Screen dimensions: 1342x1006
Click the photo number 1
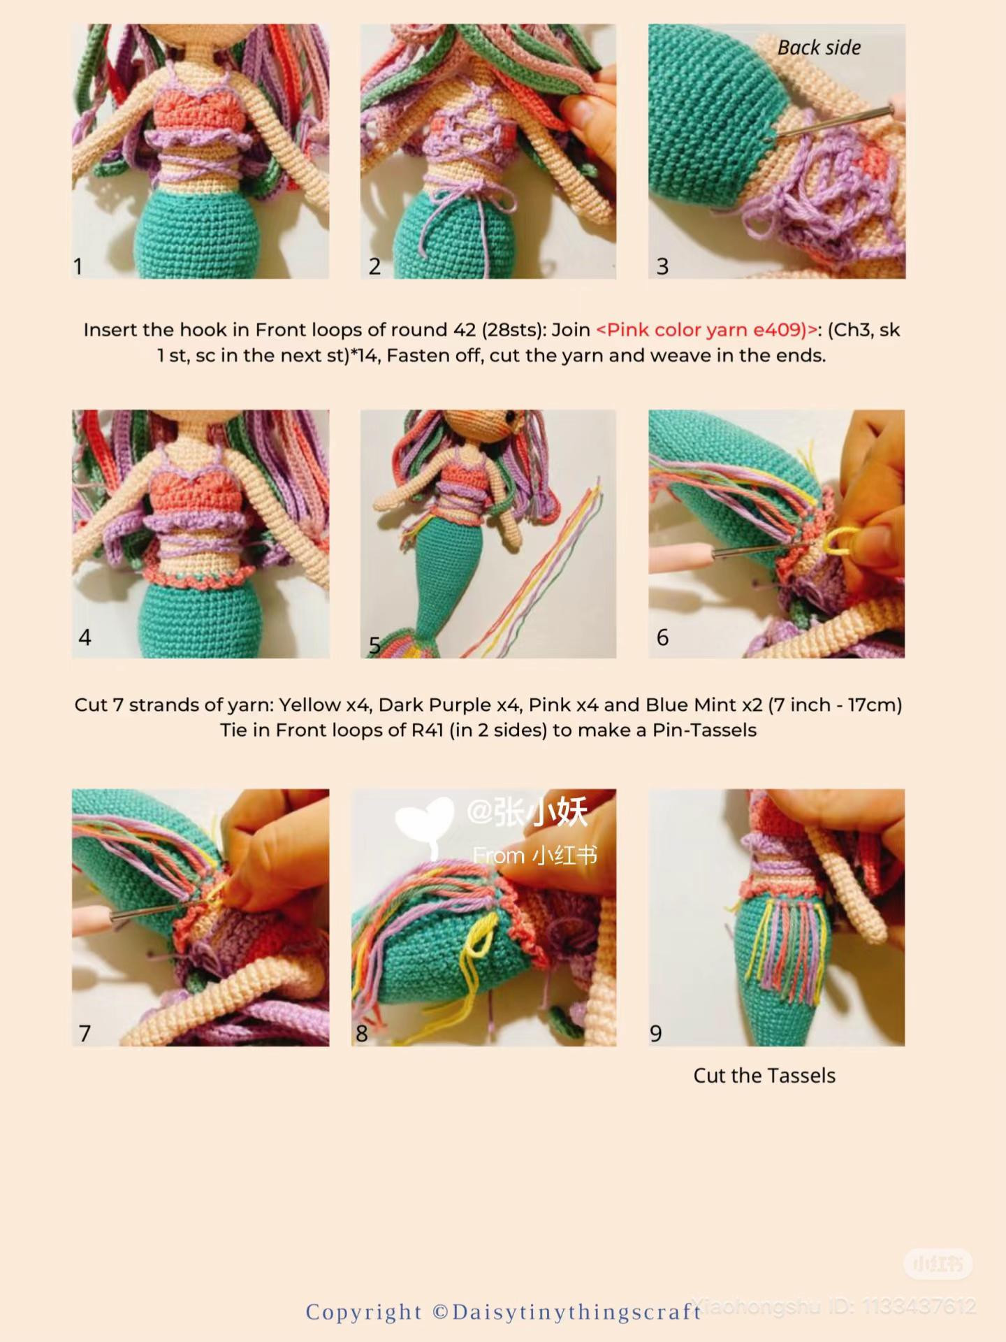78,266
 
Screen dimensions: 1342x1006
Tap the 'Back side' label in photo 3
819,48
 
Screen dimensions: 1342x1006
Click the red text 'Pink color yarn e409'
706,329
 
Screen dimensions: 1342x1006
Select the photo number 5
374,644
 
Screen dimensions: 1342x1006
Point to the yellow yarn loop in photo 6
836,543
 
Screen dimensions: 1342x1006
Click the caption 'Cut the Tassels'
764,1075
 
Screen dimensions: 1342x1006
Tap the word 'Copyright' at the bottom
364,1312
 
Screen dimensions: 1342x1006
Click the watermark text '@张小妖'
527,812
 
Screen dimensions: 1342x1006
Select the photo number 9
655,1033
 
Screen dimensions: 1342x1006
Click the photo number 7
85,1033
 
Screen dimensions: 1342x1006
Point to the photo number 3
662,266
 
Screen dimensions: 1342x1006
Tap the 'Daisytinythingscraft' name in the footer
576,1312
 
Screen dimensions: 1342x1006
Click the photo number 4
85,637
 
